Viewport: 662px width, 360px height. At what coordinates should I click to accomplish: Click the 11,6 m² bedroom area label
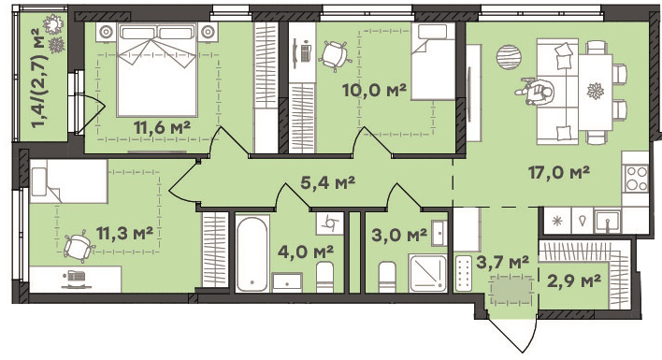point(162,127)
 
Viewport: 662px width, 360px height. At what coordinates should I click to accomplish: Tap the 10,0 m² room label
point(374,90)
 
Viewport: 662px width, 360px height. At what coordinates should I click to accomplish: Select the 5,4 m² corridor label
point(327,182)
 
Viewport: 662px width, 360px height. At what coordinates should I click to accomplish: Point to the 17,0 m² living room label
point(559,172)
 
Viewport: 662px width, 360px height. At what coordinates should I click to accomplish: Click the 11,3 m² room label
point(124,233)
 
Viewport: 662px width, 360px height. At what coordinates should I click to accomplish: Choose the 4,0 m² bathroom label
point(306,252)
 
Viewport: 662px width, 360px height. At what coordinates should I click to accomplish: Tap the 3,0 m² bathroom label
point(399,235)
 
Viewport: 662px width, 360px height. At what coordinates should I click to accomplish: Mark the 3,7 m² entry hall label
point(502,262)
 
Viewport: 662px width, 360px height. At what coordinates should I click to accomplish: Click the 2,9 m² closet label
point(574,281)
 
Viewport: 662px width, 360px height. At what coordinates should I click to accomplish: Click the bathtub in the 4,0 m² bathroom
point(252,254)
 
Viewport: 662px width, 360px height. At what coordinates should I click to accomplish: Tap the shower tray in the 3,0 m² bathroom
point(427,273)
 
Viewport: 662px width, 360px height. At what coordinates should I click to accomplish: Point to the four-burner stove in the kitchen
point(636,179)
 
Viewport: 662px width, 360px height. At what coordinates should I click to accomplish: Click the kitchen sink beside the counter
point(608,222)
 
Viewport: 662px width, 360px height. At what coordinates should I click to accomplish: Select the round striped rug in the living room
point(509,57)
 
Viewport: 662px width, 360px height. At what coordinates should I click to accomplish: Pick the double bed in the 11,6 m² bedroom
point(157,69)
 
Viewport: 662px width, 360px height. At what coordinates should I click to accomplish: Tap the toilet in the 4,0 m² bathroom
point(324,277)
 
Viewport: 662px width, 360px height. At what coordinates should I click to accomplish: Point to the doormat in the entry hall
point(511,291)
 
